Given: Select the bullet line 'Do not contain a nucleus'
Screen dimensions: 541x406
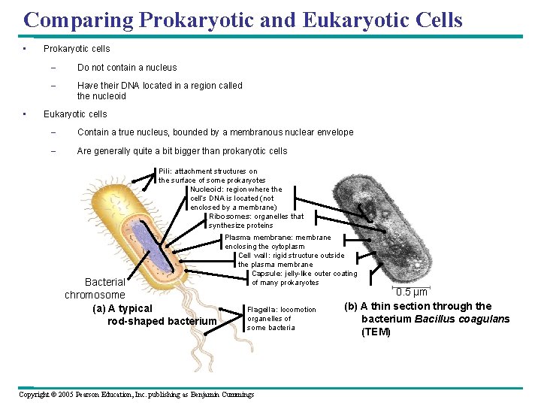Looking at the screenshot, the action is click(127, 68).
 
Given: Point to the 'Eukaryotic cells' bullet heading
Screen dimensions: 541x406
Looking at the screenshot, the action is click(75, 114).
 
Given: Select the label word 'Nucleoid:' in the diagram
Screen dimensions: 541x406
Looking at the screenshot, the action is click(207, 189).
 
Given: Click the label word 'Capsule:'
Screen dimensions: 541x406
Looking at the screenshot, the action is click(267, 274).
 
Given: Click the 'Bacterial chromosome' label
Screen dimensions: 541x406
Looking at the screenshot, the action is click(96, 289).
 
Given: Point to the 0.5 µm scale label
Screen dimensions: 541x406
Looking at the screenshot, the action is click(412, 292).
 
